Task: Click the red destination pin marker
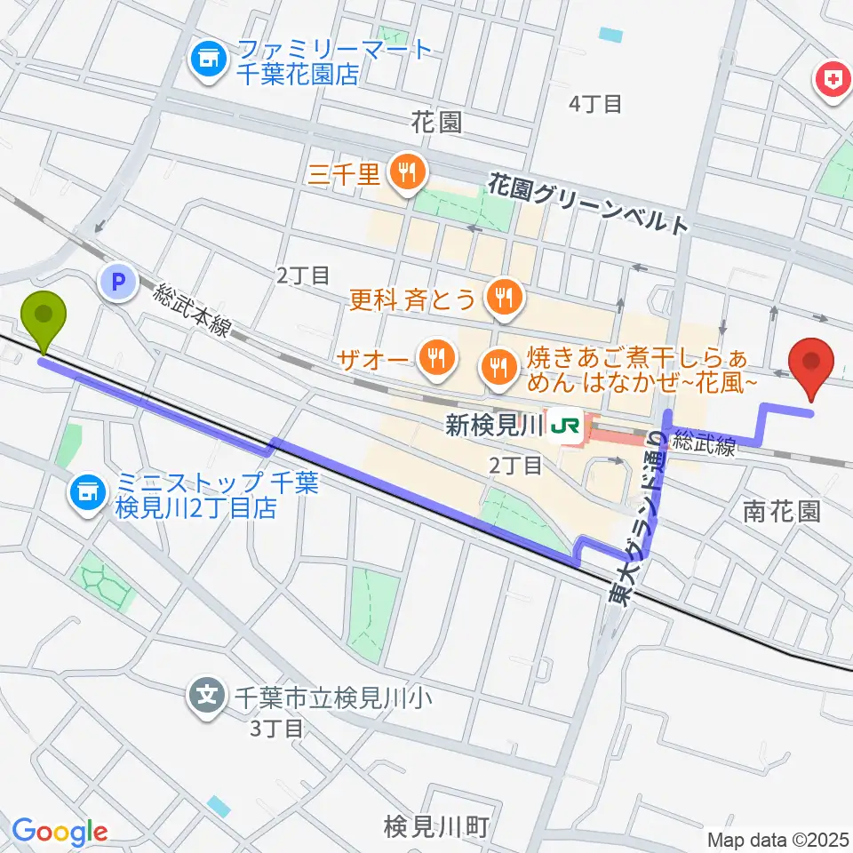[x=812, y=364]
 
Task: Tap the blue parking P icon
[x=118, y=283]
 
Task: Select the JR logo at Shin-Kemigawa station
[x=565, y=426]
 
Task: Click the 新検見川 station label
[x=493, y=426]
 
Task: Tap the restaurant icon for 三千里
[x=407, y=171]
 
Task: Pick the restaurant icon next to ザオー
[x=435, y=358]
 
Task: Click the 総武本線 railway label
[x=191, y=310]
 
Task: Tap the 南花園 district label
[x=781, y=511]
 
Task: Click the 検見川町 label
[x=435, y=826]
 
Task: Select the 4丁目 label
[x=594, y=104]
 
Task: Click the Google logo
[x=60, y=833]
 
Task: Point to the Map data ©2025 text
[x=778, y=839]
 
